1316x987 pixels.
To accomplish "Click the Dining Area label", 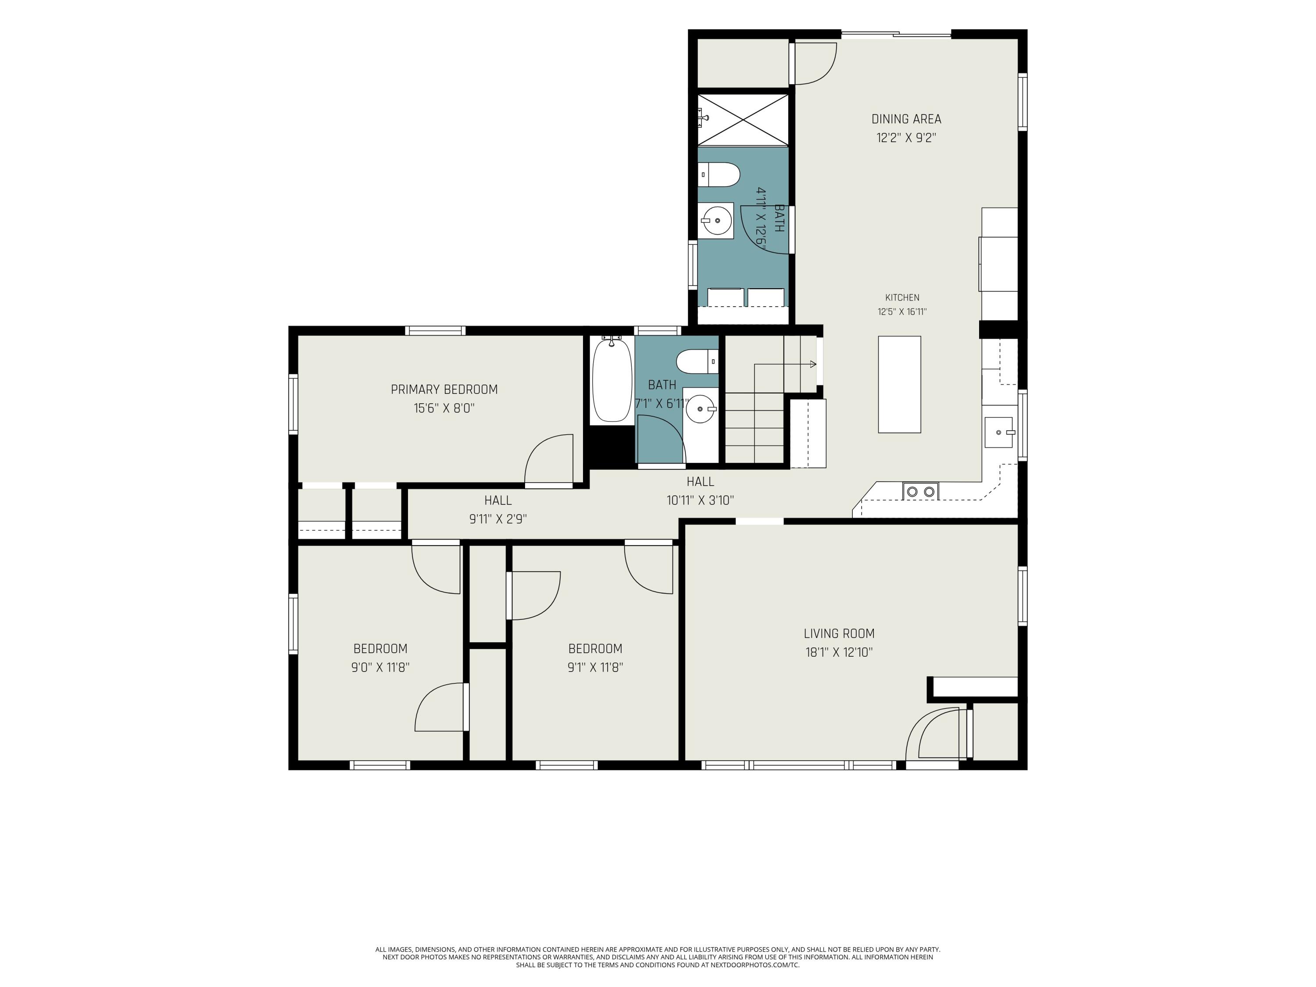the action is coord(906,119).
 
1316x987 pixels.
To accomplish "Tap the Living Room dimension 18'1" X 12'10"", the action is coord(839,652).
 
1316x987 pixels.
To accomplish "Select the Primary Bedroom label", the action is coord(444,390).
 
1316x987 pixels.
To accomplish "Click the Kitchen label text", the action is coord(902,297).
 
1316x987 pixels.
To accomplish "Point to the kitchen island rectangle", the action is coord(900,384).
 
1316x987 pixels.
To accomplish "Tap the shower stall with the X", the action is coord(743,120).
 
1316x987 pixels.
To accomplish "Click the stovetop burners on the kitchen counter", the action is coord(920,491).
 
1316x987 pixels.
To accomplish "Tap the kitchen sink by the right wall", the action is coord(999,433).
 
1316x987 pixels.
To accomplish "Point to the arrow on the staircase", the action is coord(785,364).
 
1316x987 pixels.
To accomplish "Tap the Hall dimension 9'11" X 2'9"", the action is coord(498,519).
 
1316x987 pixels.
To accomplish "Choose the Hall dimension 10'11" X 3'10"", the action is coord(700,501).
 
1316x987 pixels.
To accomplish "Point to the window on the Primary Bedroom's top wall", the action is coord(436,331).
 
